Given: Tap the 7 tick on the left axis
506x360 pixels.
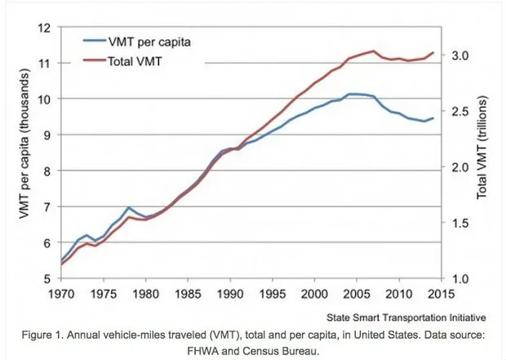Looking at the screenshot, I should pyautogui.click(x=48, y=207).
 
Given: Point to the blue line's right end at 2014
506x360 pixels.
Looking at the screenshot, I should pyautogui.click(x=433, y=118).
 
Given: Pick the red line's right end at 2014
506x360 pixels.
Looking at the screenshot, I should pyautogui.click(x=433, y=52).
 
